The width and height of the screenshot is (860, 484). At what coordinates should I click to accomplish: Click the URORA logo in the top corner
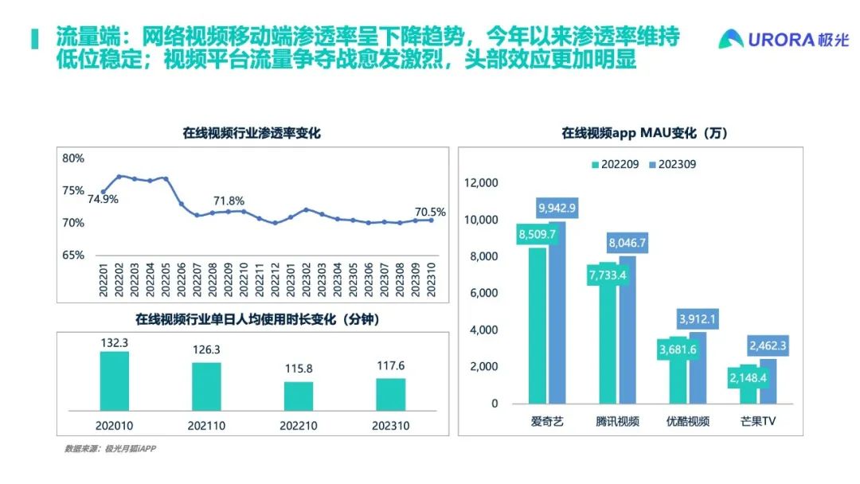coord(784,39)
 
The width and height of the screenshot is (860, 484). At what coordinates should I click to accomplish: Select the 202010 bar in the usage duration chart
coord(114,381)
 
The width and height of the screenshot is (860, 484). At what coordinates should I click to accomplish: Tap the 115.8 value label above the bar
coord(298,371)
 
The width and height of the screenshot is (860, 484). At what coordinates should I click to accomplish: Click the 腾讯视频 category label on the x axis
coord(616,421)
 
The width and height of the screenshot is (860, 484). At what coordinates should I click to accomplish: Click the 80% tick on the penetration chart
coord(73,158)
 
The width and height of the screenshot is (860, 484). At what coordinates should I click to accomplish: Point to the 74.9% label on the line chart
coord(104,199)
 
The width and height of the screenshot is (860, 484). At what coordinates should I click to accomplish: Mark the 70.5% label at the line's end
coord(430,212)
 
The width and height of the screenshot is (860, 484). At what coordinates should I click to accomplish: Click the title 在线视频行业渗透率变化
coord(252,133)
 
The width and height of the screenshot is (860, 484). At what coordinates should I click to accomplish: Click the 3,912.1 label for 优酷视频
coord(698,320)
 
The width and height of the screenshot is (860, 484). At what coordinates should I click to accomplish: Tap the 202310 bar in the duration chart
coord(390,394)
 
